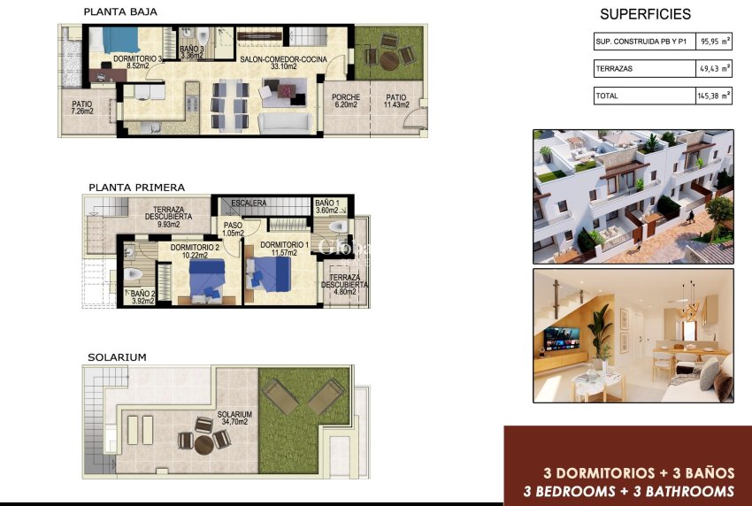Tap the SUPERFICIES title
click(x=645, y=14)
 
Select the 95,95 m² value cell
click(x=715, y=42)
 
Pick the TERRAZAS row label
click(x=614, y=68)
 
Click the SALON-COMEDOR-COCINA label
click(x=283, y=60)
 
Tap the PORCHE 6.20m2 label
click(x=345, y=101)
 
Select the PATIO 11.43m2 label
click(x=395, y=101)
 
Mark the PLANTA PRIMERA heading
click(x=136, y=188)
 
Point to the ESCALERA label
click(x=249, y=203)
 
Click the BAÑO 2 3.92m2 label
click(x=142, y=297)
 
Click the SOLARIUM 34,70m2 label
click(x=234, y=418)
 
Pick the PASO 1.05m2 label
click(x=233, y=230)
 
